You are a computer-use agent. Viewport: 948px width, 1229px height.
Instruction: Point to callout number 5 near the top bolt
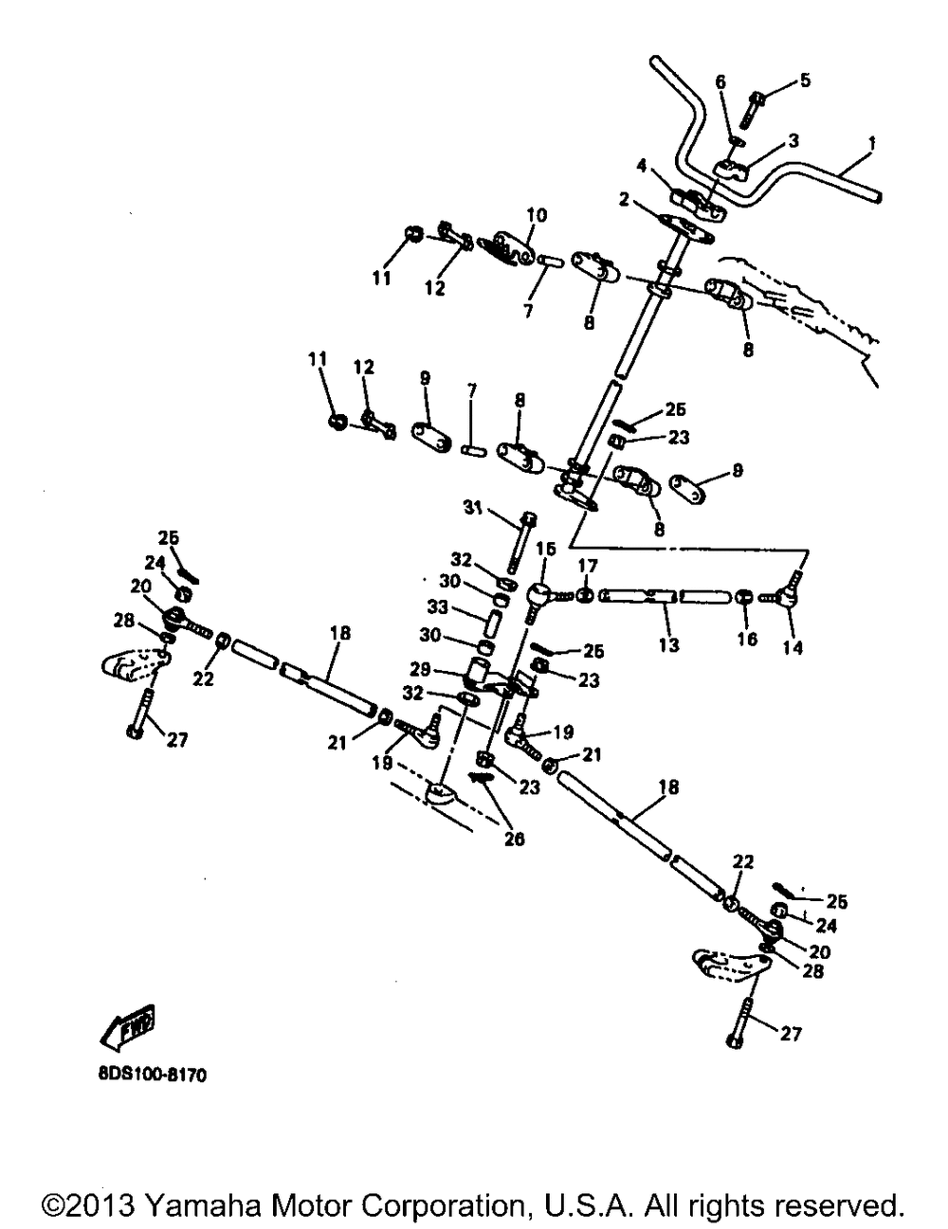click(804, 81)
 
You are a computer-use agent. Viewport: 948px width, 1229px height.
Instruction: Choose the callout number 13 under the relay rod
click(668, 644)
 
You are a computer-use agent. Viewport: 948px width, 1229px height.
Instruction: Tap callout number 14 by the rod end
click(792, 648)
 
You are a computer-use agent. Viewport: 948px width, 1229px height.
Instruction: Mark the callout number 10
click(537, 216)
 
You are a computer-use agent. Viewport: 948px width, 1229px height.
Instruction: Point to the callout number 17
click(588, 566)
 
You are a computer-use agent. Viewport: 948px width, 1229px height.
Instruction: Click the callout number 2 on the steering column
click(624, 199)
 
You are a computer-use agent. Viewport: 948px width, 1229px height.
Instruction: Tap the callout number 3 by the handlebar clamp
click(793, 140)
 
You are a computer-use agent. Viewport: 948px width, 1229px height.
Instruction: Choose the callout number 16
click(747, 639)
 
